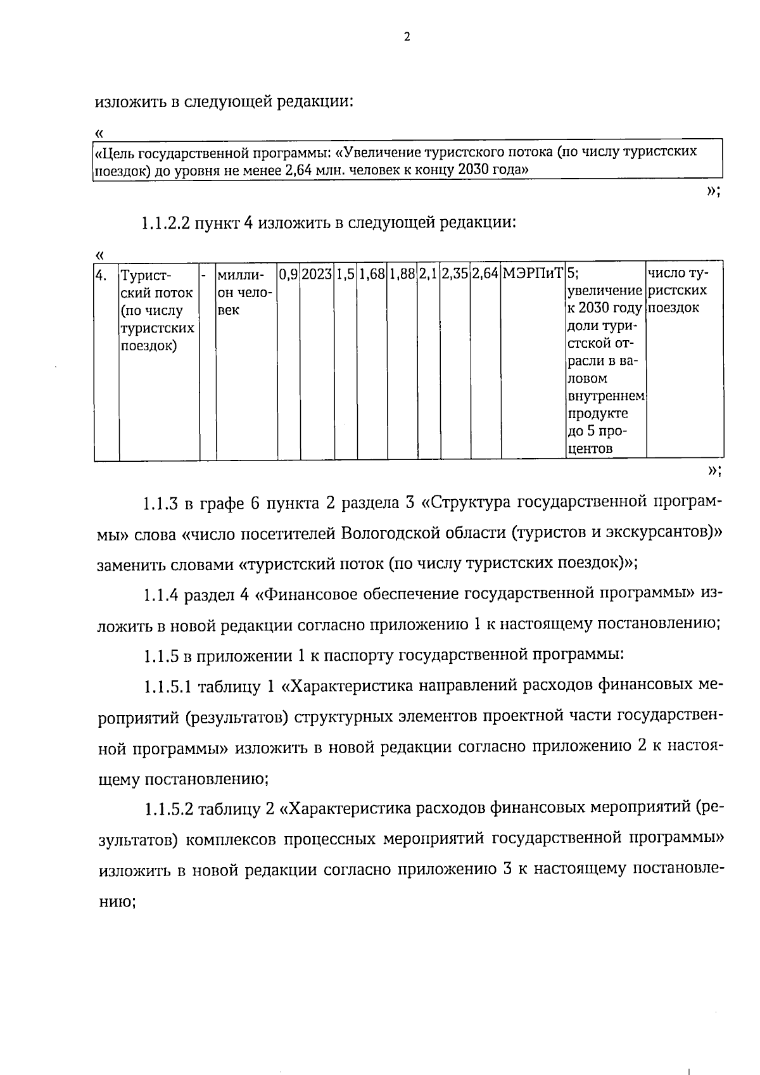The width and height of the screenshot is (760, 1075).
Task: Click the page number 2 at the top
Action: point(407,37)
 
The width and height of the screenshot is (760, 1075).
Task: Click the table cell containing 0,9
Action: point(288,275)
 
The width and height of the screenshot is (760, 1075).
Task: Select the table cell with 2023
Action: point(317,275)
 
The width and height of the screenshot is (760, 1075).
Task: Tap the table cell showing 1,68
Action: point(372,275)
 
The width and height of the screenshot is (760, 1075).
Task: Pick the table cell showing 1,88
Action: point(402,275)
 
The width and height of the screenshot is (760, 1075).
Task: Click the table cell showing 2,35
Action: point(455,275)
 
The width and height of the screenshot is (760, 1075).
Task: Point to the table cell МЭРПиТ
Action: point(533,275)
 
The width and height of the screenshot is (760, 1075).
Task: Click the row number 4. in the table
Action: point(101,275)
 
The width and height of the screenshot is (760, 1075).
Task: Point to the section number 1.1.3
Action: point(161,505)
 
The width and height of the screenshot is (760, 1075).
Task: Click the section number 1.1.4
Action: point(161,595)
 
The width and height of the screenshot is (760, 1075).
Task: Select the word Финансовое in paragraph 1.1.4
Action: point(315,594)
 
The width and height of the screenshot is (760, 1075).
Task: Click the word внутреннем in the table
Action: point(605,397)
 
